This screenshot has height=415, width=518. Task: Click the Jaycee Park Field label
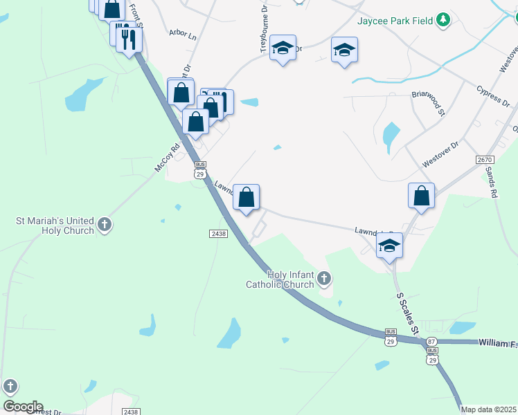tap(395, 20)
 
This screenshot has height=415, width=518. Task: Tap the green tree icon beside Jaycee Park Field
tap(444, 20)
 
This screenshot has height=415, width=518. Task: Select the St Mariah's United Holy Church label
tap(55, 225)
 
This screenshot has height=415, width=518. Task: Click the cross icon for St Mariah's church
tap(104, 224)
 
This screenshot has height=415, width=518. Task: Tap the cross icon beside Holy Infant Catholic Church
tap(324, 279)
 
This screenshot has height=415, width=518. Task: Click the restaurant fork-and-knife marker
tap(127, 38)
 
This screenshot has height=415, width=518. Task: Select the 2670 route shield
tap(485, 160)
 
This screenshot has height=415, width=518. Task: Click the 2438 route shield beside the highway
tap(218, 234)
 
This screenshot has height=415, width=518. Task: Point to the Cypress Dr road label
tap(492, 96)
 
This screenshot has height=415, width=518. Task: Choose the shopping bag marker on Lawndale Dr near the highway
tap(246, 198)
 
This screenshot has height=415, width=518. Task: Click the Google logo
tap(22, 407)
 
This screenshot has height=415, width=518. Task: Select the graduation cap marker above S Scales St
tap(390, 246)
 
